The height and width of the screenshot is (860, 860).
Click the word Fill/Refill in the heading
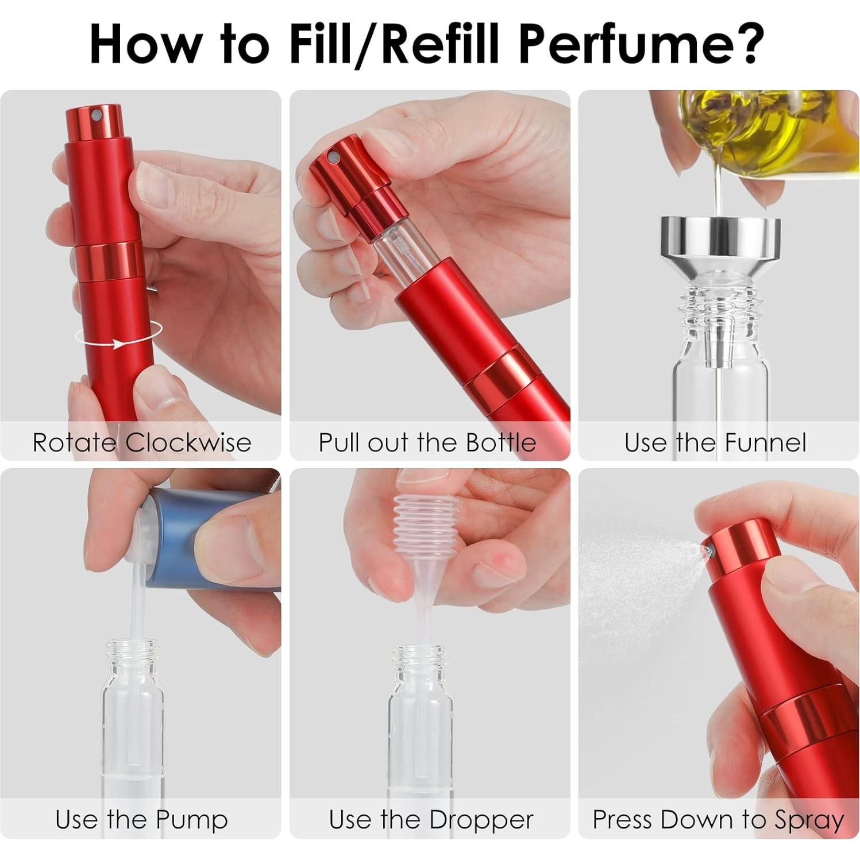(395, 44)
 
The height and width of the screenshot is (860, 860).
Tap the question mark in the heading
(745, 44)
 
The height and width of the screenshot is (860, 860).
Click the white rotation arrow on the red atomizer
(118, 343)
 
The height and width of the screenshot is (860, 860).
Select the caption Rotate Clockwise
(141, 442)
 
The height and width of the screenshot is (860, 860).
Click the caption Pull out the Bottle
(427, 442)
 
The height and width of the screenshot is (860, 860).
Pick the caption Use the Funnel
(715, 442)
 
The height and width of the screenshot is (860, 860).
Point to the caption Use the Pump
(141, 819)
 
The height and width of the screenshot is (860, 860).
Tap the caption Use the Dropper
(431, 819)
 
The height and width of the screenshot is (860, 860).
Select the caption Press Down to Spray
(718, 819)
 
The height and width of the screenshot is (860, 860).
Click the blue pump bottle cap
(184, 534)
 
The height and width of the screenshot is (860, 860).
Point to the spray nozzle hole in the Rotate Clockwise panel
(96, 115)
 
